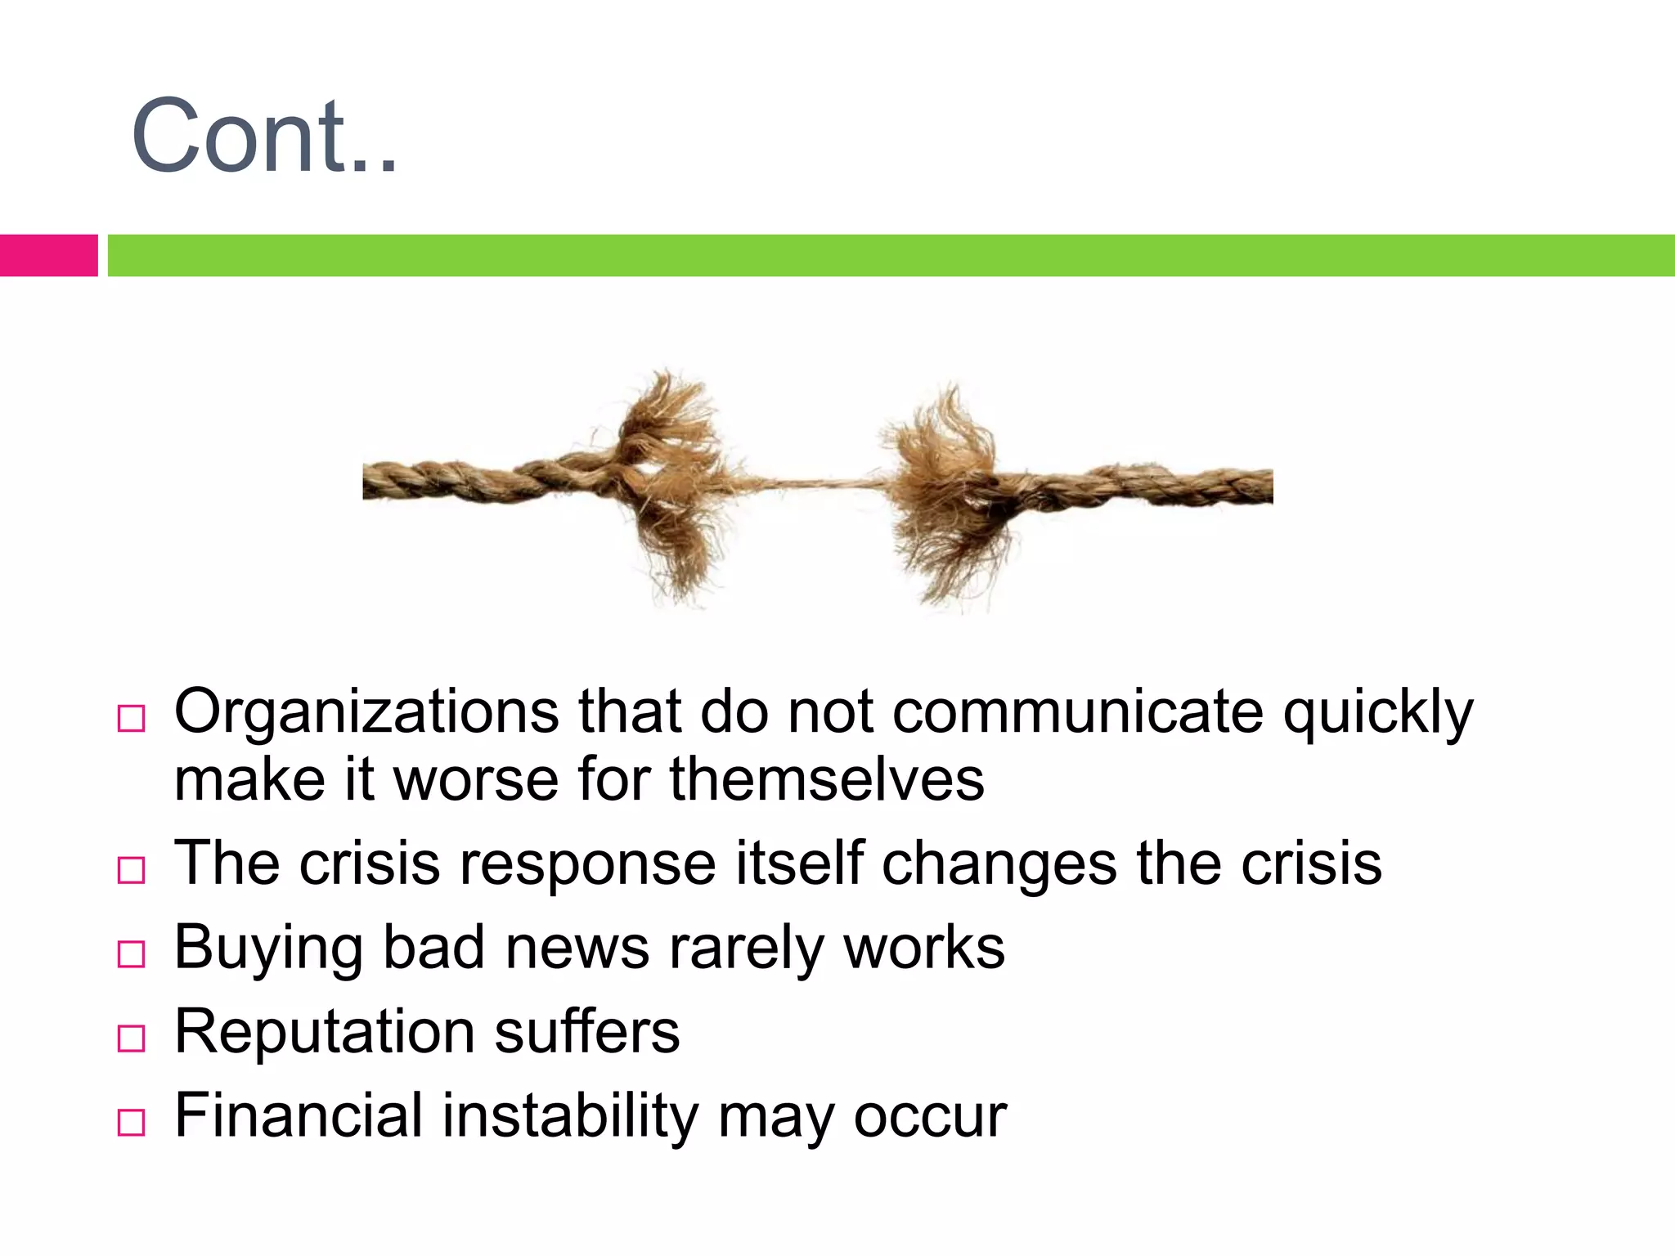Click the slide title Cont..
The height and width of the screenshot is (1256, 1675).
(x=263, y=136)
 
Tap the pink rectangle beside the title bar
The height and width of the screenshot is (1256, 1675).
(x=48, y=255)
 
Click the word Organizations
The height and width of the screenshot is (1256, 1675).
(x=366, y=711)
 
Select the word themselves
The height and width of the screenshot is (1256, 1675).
(x=827, y=778)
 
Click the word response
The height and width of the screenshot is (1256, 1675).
(x=588, y=863)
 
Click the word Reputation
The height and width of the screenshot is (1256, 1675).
(x=324, y=1032)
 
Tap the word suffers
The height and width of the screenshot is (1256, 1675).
(x=587, y=1032)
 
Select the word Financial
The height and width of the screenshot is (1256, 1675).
(x=299, y=1115)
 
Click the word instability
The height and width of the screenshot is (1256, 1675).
(x=570, y=1115)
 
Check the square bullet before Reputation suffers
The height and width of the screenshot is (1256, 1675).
(x=131, y=1038)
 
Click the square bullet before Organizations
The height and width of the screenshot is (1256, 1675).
(x=131, y=719)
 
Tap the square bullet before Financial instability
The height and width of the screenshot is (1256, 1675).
(x=131, y=1123)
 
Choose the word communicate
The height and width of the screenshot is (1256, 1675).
(x=1078, y=711)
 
